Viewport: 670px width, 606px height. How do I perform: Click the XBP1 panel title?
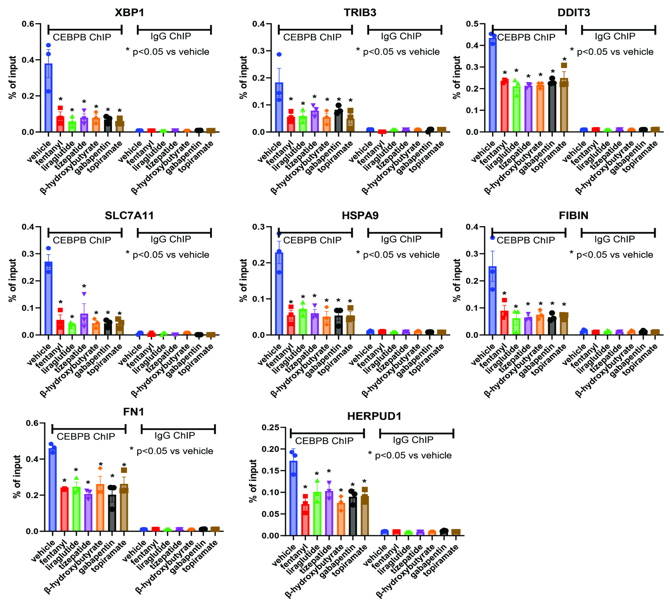(x=129, y=13)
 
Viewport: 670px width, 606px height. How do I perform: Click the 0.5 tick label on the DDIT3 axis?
(x=472, y=24)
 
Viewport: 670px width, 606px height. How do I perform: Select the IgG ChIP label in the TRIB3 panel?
(x=401, y=36)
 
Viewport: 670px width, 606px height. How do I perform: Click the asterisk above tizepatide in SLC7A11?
(x=84, y=287)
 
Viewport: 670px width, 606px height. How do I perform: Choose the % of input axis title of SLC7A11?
(x=12, y=281)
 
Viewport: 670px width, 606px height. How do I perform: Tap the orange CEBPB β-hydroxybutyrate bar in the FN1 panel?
(x=100, y=508)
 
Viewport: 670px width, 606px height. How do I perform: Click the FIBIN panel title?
(x=573, y=215)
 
